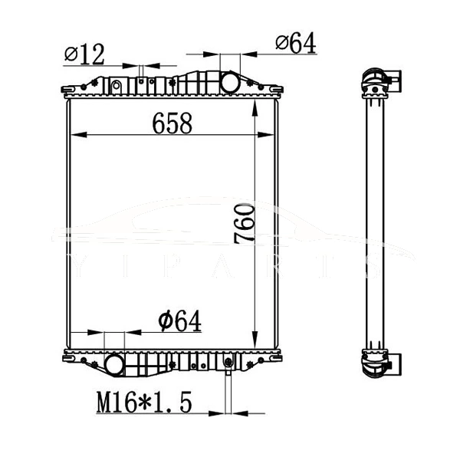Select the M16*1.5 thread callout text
(143, 401)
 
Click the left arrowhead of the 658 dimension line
(75, 135)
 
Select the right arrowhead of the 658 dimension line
(271, 135)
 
